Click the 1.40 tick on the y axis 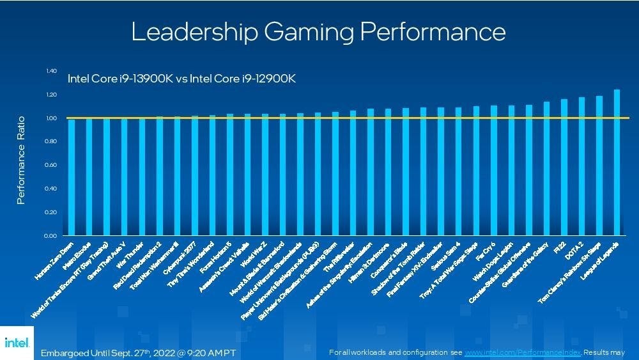(x=52, y=71)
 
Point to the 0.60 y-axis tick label (x=52, y=165)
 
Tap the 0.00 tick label (x=52, y=236)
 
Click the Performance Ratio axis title (x=21, y=160)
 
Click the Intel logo (x=16, y=343)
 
